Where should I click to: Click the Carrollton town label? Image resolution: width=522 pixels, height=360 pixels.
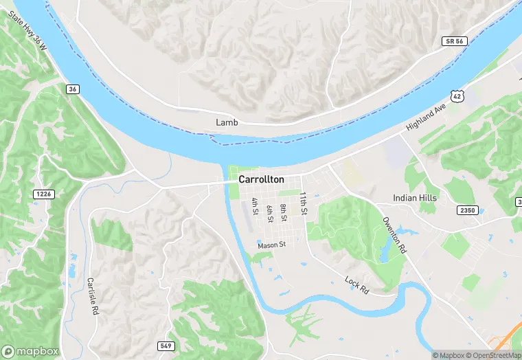click(x=261, y=179)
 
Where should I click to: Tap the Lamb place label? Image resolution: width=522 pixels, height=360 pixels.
click(x=227, y=122)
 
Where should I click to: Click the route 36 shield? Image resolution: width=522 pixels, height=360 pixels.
click(x=72, y=89)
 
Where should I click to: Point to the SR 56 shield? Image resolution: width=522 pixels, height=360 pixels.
click(x=451, y=42)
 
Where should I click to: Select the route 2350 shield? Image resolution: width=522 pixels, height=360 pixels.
click(x=468, y=210)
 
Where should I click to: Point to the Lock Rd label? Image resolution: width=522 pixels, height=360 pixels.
click(x=357, y=286)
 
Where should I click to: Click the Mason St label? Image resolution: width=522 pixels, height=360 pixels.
click(x=271, y=245)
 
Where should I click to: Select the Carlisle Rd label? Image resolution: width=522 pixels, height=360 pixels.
click(x=91, y=296)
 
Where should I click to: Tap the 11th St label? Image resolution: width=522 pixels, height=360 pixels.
click(x=302, y=201)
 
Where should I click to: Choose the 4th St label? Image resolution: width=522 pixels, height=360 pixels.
click(x=256, y=206)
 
